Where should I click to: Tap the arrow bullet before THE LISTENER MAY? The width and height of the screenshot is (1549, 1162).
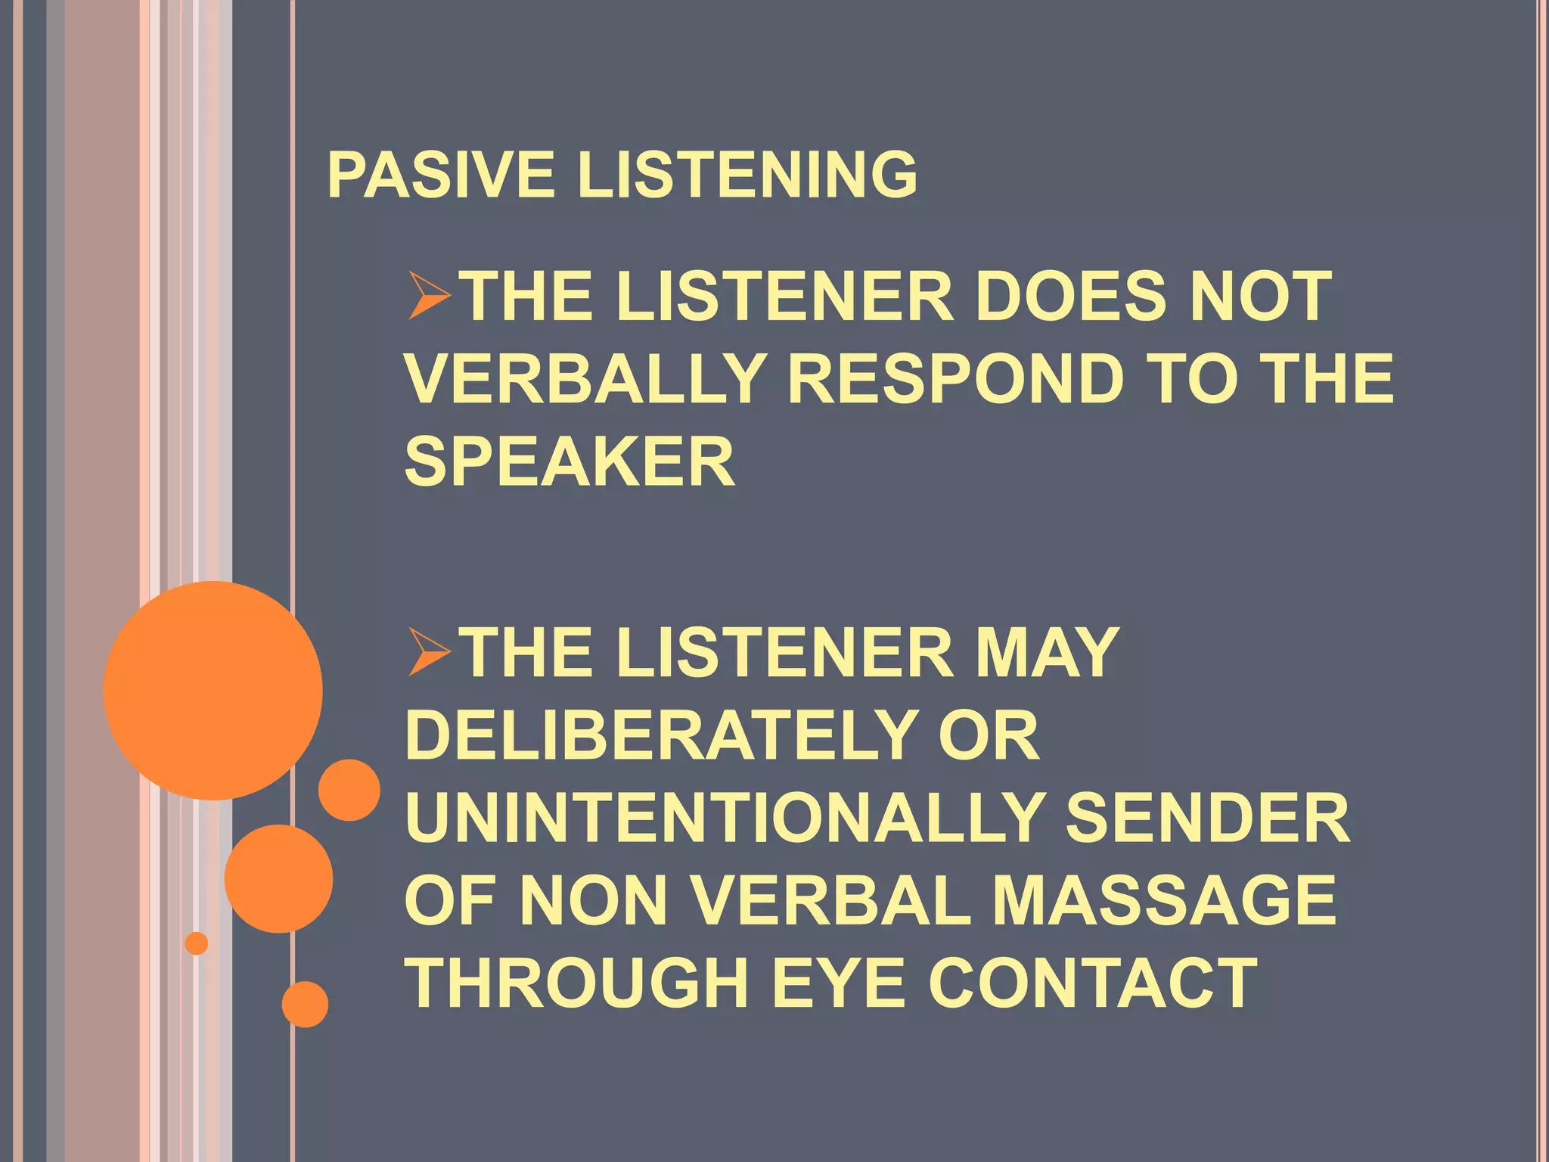click(x=429, y=652)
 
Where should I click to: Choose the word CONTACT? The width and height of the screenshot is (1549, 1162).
click(x=1093, y=983)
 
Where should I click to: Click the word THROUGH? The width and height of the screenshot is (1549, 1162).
click(x=578, y=983)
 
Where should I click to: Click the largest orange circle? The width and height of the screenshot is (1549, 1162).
click(x=213, y=690)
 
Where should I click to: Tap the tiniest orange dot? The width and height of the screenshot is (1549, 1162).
click(x=197, y=943)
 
